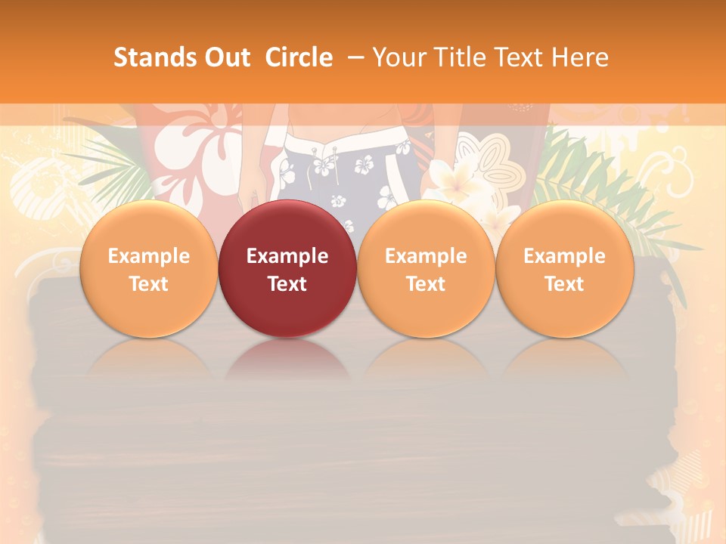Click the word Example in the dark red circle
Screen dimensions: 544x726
pyautogui.click(x=287, y=256)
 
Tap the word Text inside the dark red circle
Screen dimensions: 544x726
pyautogui.click(x=287, y=284)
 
